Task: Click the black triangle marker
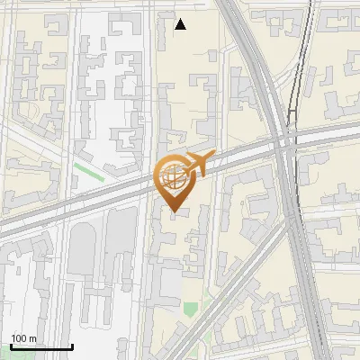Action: tap(180, 24)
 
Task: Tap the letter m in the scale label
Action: tap(33, 338)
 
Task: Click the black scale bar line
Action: tap(41, 346)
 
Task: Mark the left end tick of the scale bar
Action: tap(11, 346)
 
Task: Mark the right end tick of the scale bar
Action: tap(72, 346)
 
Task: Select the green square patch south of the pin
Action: tap(190, 309)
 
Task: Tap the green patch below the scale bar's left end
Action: tap(11, 357)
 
